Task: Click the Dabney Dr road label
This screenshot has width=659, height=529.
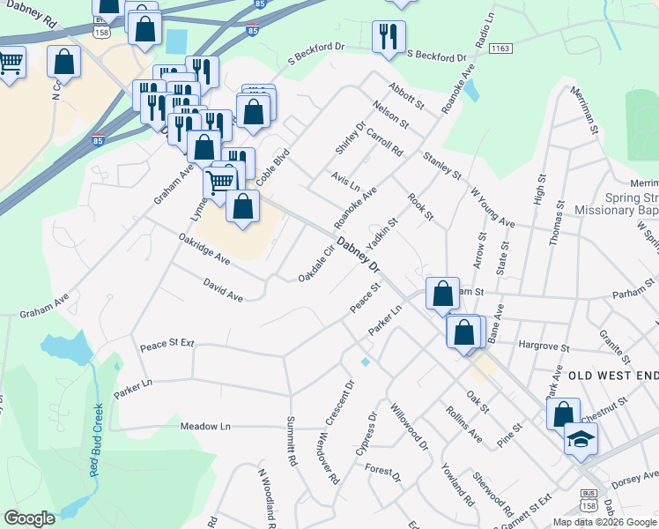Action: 359,254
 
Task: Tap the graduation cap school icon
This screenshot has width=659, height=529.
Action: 581,440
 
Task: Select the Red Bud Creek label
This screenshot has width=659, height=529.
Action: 97,440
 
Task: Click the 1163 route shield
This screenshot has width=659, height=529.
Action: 500,48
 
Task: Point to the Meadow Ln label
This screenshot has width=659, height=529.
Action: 205,426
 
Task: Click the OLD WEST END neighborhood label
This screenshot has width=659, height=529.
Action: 611,376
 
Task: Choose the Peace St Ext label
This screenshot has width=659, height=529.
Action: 167,340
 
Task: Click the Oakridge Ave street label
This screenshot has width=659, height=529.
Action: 204,249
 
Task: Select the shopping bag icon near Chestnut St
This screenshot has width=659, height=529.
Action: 563,413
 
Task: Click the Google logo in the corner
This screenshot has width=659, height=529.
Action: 29,518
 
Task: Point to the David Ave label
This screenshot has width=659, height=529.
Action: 223,290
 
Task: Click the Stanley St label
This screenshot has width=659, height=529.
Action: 441,165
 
